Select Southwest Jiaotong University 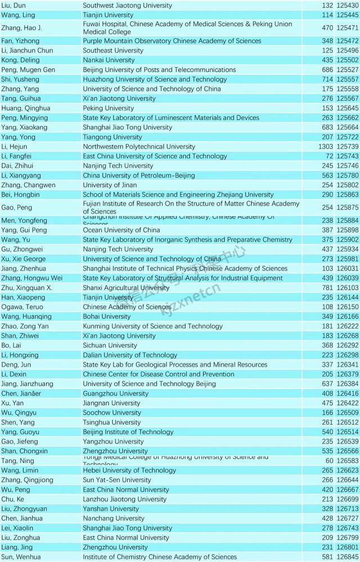coord(127,5)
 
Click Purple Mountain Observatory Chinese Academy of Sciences coord(172,41)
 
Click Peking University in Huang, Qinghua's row coord(109,108)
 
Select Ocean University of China coord(121,230)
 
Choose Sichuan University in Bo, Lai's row coord(110,346)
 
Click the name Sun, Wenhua coord(21,558)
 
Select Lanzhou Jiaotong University coord(124,499)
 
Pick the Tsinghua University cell coord(112,423)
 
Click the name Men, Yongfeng coord(24,221)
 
